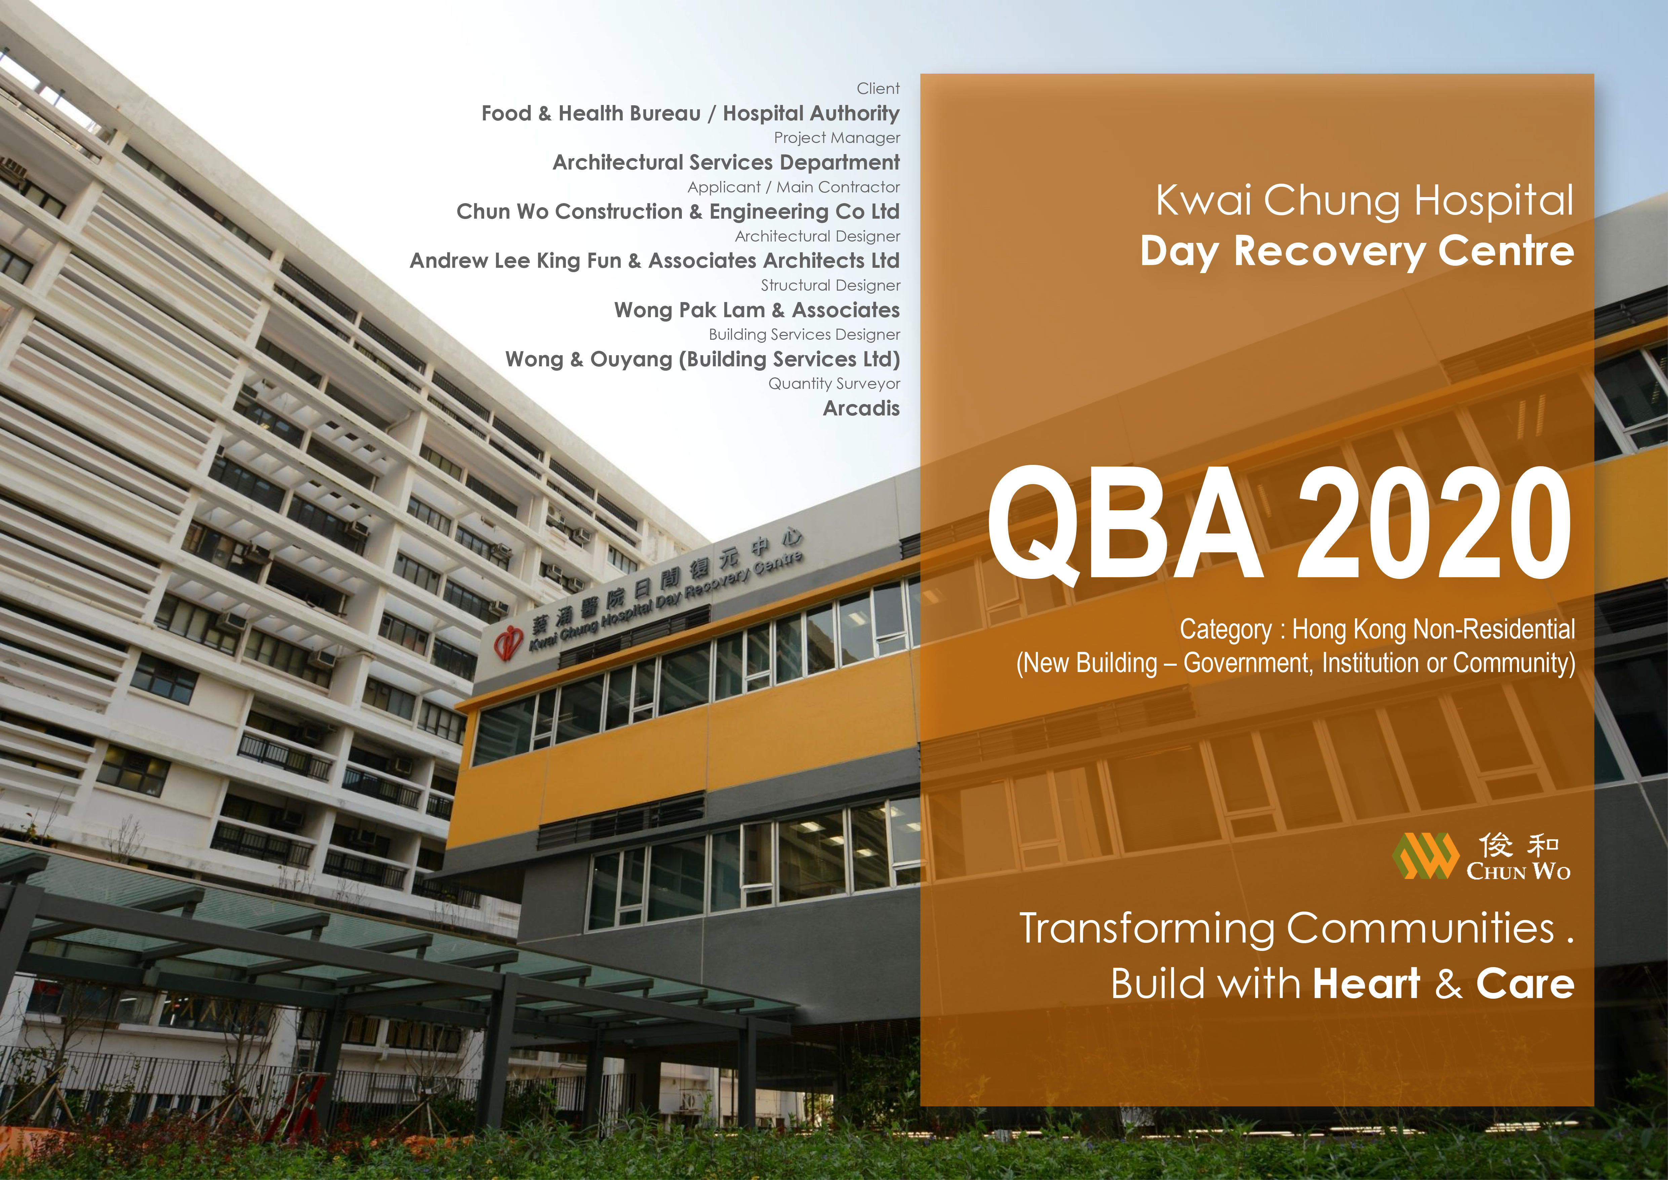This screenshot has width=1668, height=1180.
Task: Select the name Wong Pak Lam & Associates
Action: [x=757, y=310]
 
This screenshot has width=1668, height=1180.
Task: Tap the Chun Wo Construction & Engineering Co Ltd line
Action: [x=678, y=212]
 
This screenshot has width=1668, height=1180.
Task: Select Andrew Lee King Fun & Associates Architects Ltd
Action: [x=655, y=261]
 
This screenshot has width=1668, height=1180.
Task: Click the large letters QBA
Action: [x=1125, y=525]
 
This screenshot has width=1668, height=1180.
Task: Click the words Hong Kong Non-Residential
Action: [x=1433, y=629]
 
